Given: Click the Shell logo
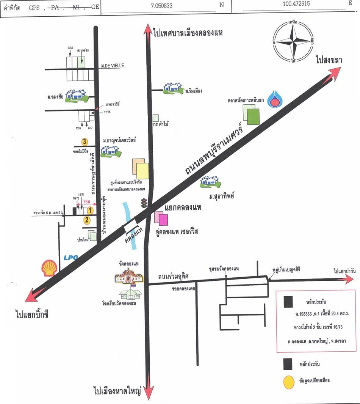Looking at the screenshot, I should pos(49,268).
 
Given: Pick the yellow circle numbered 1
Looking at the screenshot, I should pos(90,210).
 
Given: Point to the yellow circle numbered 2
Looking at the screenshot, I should pos(87,219).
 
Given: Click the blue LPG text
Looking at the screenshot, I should pos(71,258).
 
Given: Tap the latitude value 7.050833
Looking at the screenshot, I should pos(162,5).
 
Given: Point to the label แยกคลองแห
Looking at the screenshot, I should pos(183,208).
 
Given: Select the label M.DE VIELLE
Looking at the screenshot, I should pos(113,66).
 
